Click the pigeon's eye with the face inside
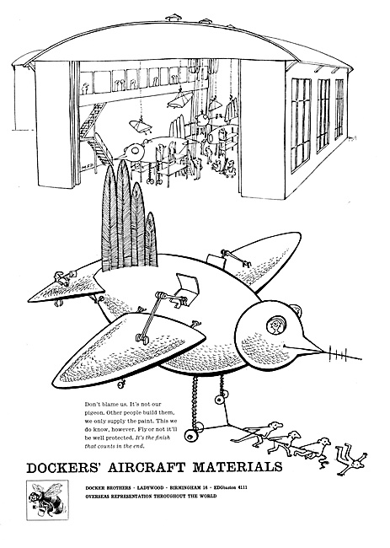275,325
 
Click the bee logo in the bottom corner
47,500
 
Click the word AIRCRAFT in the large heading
147,467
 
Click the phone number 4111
242,487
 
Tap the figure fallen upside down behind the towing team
351,459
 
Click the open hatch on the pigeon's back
188,284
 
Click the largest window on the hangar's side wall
301,124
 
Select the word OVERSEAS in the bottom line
97,496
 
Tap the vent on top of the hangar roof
174,17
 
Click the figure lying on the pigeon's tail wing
63,278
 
